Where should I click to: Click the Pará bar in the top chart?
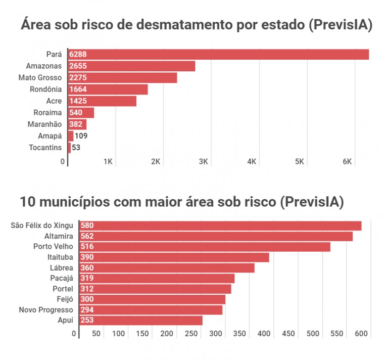pos(218,55)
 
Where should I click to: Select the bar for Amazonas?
pos(131,66)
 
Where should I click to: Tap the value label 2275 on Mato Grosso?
pos(79,78)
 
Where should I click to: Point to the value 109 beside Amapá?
pos(81,136)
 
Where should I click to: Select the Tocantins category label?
pos(45,148)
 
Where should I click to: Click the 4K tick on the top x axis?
pos(252,162)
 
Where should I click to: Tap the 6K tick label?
pos(347,162)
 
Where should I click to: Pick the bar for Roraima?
pos(81,113)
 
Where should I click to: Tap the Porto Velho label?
pos(53,247)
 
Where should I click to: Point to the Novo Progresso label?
pos(46,310)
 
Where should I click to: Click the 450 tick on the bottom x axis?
pos(288,334)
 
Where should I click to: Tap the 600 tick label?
pos(361,334)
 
